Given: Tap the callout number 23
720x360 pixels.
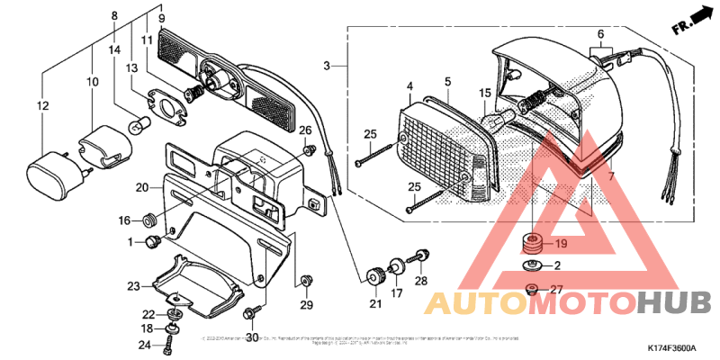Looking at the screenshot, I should pos(134,286).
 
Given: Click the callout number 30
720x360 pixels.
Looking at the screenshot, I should pos(252,337).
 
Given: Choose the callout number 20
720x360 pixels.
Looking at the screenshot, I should pos(142,187).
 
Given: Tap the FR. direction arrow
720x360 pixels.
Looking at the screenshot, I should pos(687,24).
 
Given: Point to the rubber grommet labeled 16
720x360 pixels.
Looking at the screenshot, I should pos(149,220).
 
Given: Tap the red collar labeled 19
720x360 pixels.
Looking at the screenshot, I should pos(533,243).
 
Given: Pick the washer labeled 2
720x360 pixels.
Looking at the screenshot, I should pos(531,266).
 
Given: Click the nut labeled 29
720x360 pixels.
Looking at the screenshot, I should pos(306,279).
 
